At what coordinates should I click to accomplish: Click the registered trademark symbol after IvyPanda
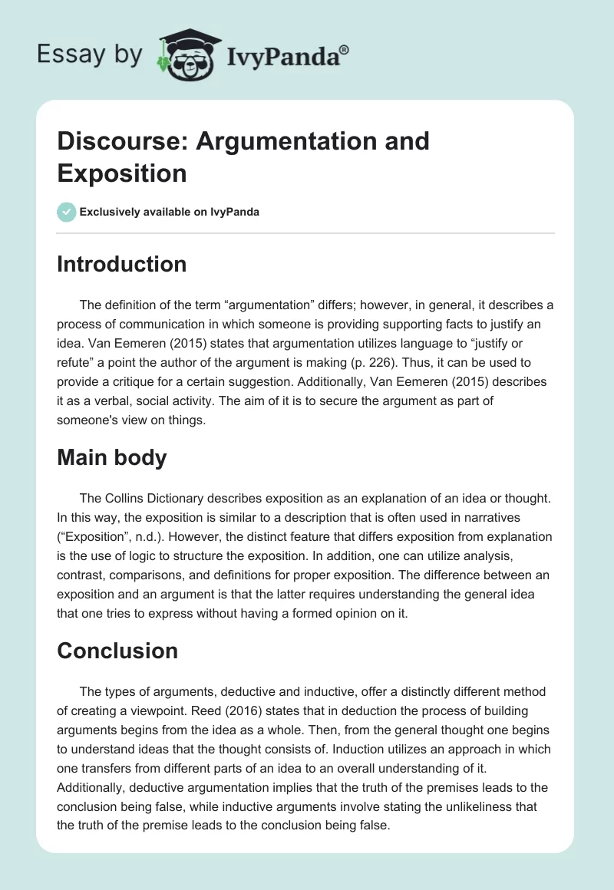coord(344,50)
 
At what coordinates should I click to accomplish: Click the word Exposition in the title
coord(122,173)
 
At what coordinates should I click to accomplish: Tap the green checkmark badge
coord(67,212)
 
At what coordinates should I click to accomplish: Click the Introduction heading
coord(122,264)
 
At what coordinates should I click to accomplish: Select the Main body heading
coord(112,457)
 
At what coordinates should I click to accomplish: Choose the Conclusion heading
coord(117,651)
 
